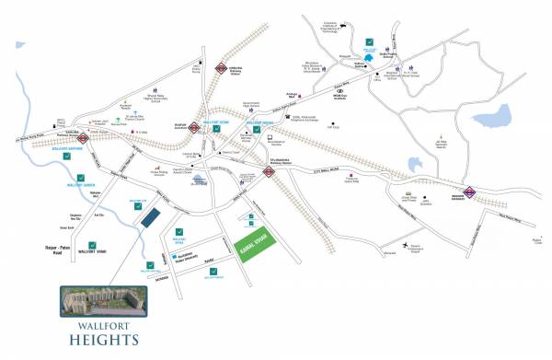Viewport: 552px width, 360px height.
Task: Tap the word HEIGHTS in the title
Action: click(x=100, y=339)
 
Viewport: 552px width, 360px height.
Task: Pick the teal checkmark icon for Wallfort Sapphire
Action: click(x=65, y=156)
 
